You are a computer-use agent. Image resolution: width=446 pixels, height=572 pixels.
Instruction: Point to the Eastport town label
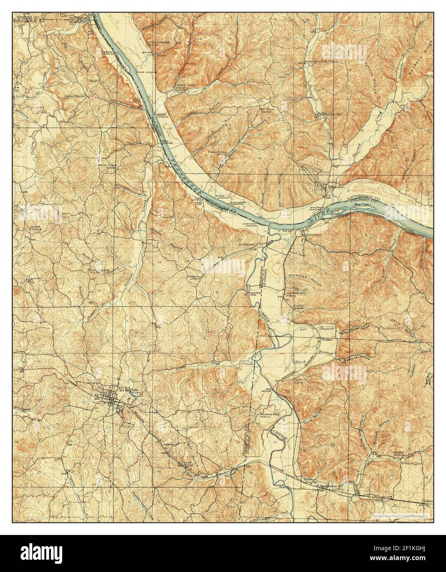(248, 244)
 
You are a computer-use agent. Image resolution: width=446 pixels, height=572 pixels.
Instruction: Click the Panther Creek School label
(180, 87)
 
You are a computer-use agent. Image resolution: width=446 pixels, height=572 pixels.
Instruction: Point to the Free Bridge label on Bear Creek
(267, 389)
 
